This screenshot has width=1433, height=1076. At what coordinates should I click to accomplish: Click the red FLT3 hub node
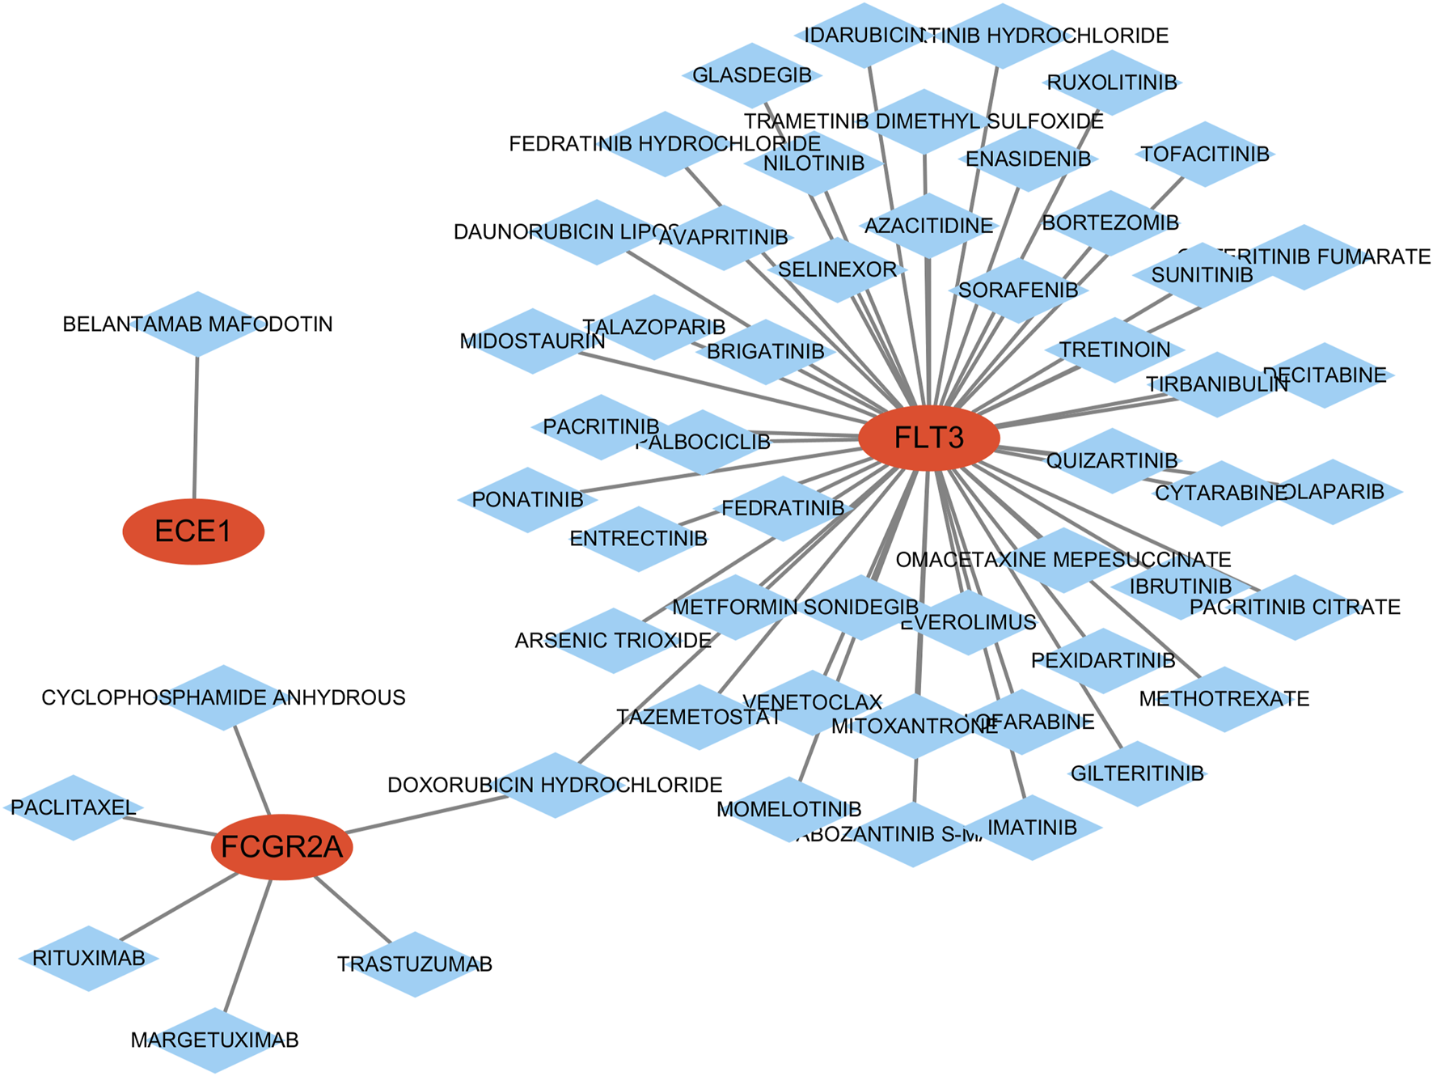coord(928,438)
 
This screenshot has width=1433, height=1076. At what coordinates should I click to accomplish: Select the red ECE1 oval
coord(193,532)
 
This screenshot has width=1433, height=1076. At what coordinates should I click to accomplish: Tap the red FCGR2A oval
coord(281,847)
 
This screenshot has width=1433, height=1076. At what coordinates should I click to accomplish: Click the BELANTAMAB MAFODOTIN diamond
coord(197,324)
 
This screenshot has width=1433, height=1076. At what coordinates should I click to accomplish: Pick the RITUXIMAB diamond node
coord(89,959)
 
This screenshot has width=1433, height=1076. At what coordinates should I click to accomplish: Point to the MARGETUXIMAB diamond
coord(215,1040)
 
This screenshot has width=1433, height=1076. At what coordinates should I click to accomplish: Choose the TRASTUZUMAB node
coord(414,964)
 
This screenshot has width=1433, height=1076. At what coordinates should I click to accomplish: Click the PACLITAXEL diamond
coord(73,807)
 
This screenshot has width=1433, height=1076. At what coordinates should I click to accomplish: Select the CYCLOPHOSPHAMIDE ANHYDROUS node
coord(223,697)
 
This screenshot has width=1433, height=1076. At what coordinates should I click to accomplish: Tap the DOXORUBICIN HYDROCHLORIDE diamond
coord(555,785)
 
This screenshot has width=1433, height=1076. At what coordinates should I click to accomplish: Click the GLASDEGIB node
coord(752,75)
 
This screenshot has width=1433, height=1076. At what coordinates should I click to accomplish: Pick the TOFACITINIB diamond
coord(1205,154)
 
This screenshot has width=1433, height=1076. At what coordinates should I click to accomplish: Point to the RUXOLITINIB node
coord(1112,83)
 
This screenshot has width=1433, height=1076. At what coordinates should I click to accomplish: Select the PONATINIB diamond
coord(527,500)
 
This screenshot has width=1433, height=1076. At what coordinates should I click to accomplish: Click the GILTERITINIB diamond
coord(1137,773)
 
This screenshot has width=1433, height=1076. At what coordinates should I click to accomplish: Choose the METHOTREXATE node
coord(1224,699)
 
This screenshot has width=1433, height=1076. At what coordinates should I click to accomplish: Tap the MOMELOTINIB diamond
coord(788,809)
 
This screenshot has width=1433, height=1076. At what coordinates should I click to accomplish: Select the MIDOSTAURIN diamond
coord(532,341)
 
